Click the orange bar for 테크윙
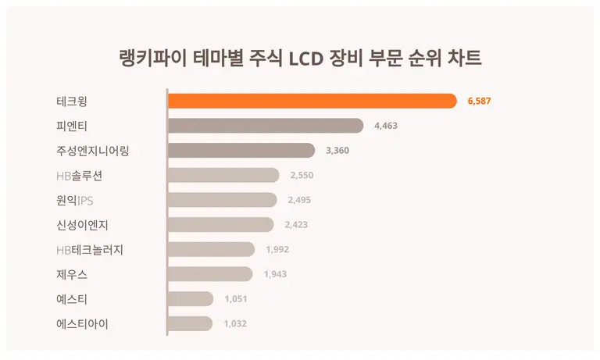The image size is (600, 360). pyautogui.click(x=312, y=101)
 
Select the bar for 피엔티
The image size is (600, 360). pyautogui.click(x=266, y=126)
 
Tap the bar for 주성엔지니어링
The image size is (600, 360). pyautogui.click(x=241, y=151)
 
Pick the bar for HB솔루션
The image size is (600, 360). pyautogui.click(x=223, y=175)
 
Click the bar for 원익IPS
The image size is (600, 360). pyautogui.click(x=223, y=200)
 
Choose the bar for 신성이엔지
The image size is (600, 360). pyautogui.click(x=221, y=225)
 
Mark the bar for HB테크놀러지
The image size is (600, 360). pyautogui.click(x=212, y=249)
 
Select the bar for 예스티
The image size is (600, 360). pyautogui.click(x=191, y=298)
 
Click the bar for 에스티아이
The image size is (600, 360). pyautogui.click(x=190, y=323)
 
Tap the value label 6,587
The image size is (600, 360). pyautogui.click(x=479, y=101)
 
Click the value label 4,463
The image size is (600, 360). pyautogui.click(x=387, y=126)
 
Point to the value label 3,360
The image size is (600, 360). pyautogui.click(x=337, y=151)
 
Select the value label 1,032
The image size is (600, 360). pyautogui.click(x=235, y=323)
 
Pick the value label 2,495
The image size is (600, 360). pyautogui.click(x=299, y=200)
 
